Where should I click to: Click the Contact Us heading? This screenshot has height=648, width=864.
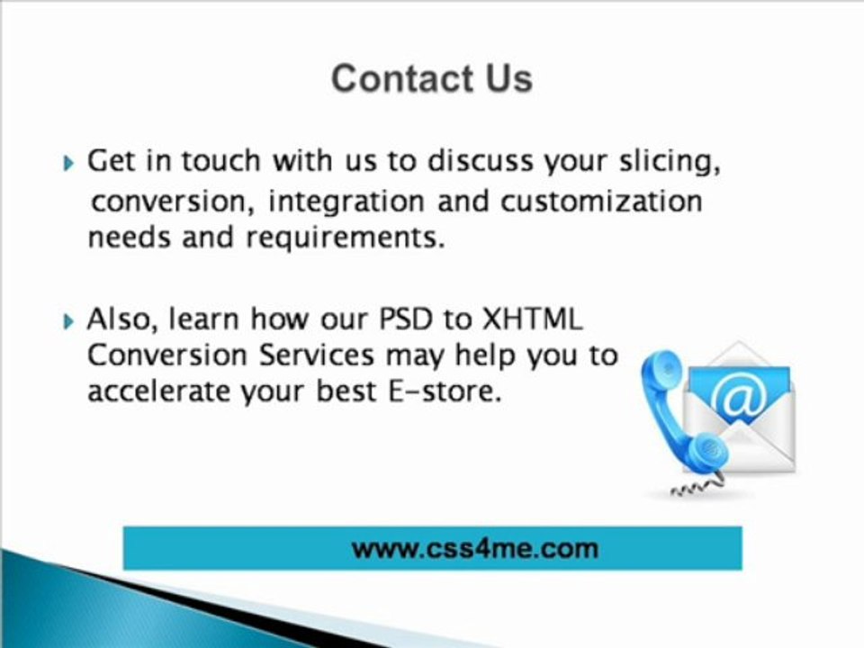(431, 78)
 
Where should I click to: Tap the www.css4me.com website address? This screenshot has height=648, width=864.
(474, 547)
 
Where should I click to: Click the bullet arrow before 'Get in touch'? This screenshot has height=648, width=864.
(71, 164)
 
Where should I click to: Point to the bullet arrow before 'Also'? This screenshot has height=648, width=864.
(71, 320)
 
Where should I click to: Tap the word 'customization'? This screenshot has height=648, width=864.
(600, 201)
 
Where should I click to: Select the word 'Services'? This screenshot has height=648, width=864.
(316, 355)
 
